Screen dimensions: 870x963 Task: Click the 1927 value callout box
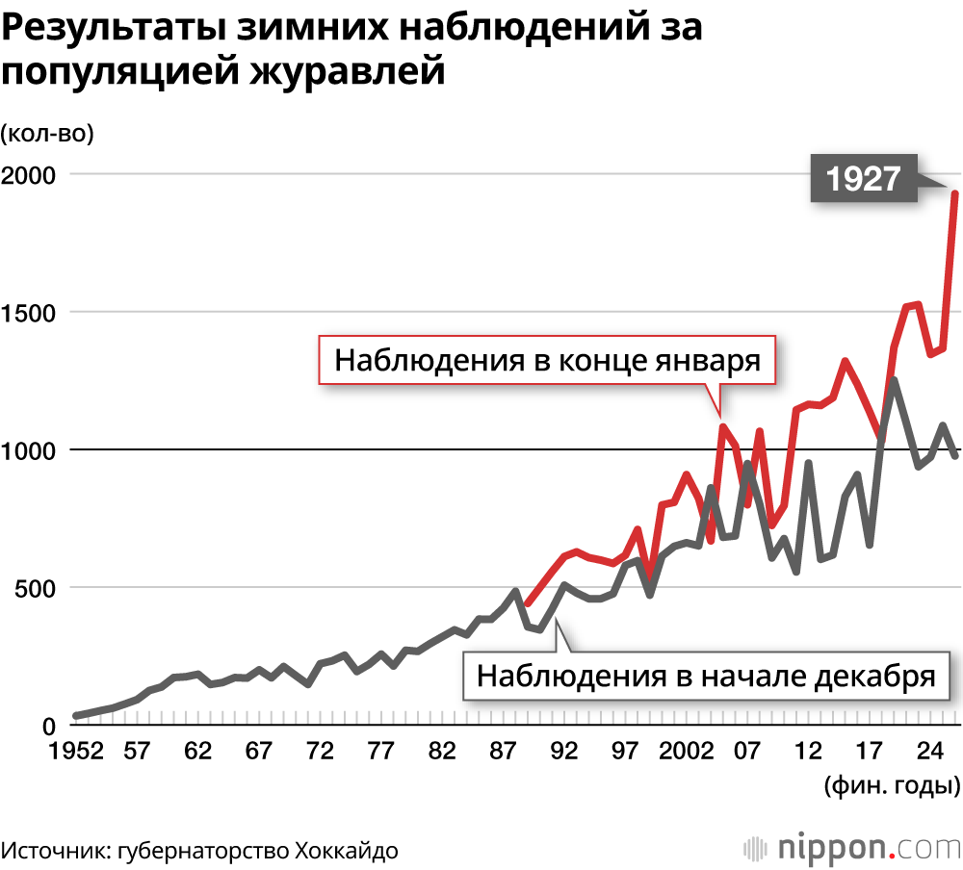pos(863,178)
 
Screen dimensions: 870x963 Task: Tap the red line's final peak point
pos(954,193)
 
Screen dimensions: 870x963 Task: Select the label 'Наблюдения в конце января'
pos(548,362)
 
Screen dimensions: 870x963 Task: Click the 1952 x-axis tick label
pos(76,751)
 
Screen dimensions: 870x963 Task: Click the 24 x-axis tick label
pos(930,751)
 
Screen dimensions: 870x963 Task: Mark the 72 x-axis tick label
pos(320,751)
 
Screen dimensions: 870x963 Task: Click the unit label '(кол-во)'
pos(48,134)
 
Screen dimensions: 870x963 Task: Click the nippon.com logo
pos(852,848)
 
